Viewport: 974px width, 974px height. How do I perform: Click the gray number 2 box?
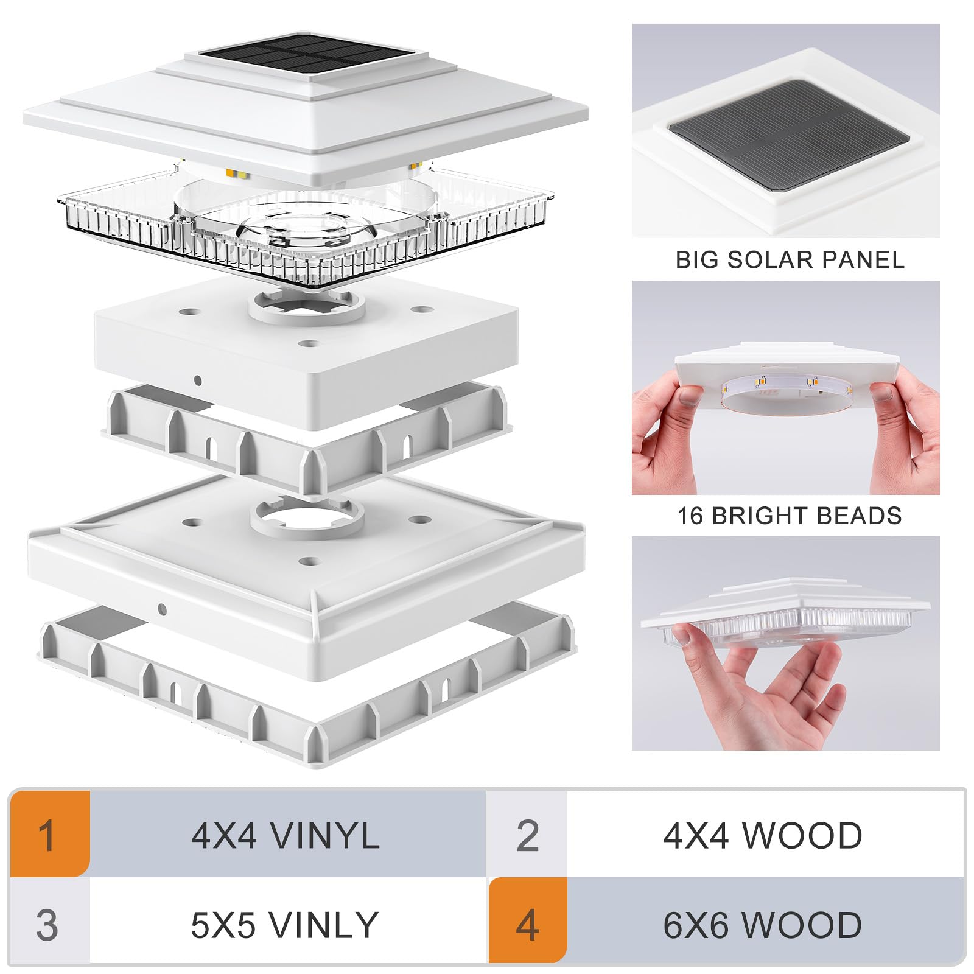click(527, 835)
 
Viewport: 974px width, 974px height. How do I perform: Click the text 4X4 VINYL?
click(286, 835)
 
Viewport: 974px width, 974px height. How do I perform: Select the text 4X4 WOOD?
click(763, 835)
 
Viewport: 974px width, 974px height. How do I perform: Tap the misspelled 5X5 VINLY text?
click(284, 925)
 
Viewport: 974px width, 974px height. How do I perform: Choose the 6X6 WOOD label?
click(762, 925)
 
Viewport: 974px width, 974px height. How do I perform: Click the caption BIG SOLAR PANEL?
click(790, 260)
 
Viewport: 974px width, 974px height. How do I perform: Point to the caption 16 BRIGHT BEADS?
click(790, 516)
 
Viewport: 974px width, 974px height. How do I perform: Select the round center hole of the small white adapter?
click(306, 303)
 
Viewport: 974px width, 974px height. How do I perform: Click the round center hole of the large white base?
click(307, 518)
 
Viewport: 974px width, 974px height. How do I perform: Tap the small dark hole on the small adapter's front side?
click(198, 380)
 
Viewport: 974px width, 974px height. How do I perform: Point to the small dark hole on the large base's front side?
click(162, 608)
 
